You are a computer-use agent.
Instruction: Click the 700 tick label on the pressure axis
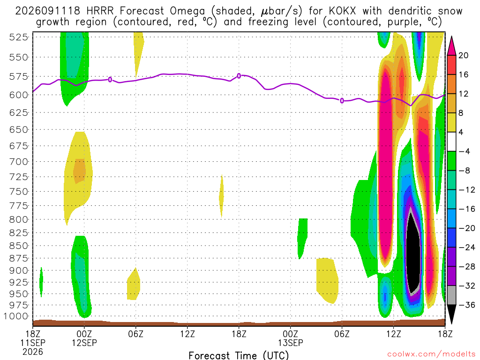[19, 161]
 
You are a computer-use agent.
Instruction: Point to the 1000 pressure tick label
[16, 316]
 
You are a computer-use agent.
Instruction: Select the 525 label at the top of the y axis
[19, 37]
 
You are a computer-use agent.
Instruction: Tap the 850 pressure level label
[19, 246]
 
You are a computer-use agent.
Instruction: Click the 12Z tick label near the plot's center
[187, 334]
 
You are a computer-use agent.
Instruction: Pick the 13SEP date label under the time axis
[291, 343]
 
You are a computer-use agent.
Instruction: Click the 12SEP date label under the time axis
[84, 343]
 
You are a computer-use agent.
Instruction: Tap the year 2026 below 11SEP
[33, 352]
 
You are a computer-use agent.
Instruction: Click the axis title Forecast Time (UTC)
[239, 355]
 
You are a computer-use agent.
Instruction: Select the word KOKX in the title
[343, 11]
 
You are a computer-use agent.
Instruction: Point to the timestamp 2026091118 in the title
[48, 11]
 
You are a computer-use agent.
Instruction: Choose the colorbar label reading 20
[463, 55]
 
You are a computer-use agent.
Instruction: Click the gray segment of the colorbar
[451, 295]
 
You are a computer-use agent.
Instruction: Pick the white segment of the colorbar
[451, 142]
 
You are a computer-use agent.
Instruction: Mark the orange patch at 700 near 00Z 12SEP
[79, 171]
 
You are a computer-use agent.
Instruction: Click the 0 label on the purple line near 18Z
[239, 76]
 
